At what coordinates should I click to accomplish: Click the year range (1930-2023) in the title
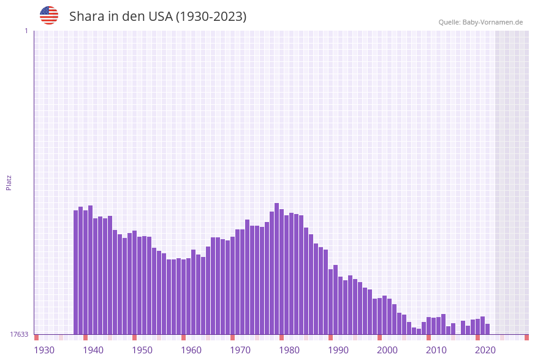tap(211, 17)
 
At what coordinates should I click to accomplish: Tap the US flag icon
tap(49, 15)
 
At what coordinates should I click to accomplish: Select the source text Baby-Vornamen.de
tap(492, 22)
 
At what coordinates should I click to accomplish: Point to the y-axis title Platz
tap(9, 183)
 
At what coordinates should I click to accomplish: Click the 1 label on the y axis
tap(26, 31)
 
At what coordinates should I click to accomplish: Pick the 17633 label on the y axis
tap(19, 334)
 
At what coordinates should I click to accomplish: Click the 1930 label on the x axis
tap(44, 350)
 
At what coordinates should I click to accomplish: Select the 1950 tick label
tap(142, 350)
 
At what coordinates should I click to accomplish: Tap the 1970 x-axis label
tap(240, 350)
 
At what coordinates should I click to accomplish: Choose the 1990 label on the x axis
tap(338, 350)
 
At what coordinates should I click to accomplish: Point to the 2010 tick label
tap(436, 350)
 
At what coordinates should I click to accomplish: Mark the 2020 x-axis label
tap(485, 350)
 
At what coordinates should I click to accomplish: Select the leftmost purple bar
tap(76, 272)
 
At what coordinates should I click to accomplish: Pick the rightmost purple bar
tap(488, 329)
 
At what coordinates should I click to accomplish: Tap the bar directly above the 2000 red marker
tap(380, 316)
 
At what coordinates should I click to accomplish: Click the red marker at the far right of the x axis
tap(526, 337)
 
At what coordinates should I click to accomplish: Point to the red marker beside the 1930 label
tap(37, 337)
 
